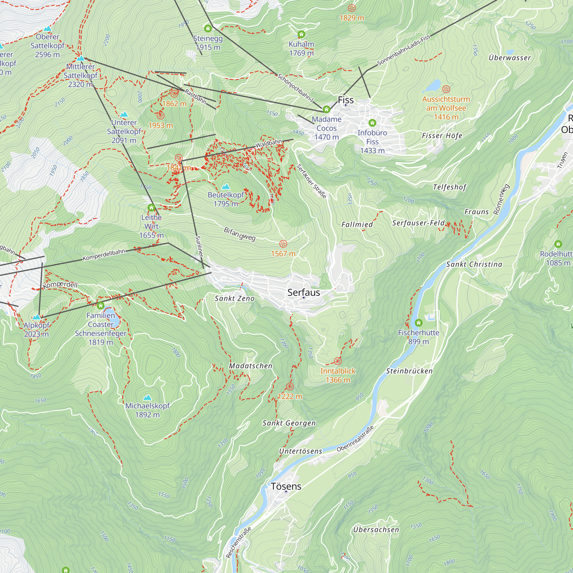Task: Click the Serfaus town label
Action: [x=303, y=293]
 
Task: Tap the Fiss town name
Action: [x=346, y=100]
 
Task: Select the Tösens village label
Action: [x=286, y=486]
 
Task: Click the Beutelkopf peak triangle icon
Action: [x=226, y=187]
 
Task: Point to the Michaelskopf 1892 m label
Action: [x=147, y=410]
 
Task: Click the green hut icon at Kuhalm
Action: [x=301, y=34]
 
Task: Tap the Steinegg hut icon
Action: [x=208, y=28]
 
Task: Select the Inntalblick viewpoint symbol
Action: [x=337, y=361]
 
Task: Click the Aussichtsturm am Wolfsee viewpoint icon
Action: [x=446, y=89]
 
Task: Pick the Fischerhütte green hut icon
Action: [x=419, y=322]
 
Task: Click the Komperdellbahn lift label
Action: [x=104, y=255]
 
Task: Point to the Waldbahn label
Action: [x=268, y=144]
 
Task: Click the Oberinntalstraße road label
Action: [x=355, y=439]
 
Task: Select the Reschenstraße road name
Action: [x=238, y=542]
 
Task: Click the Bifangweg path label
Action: [x=239, y=234]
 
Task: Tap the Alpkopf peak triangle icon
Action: [x=36, y=317]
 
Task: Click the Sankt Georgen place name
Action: [x=289, y=423]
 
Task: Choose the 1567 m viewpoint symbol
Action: [x=283, y=244]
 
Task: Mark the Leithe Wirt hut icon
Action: [x=151, y=207]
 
